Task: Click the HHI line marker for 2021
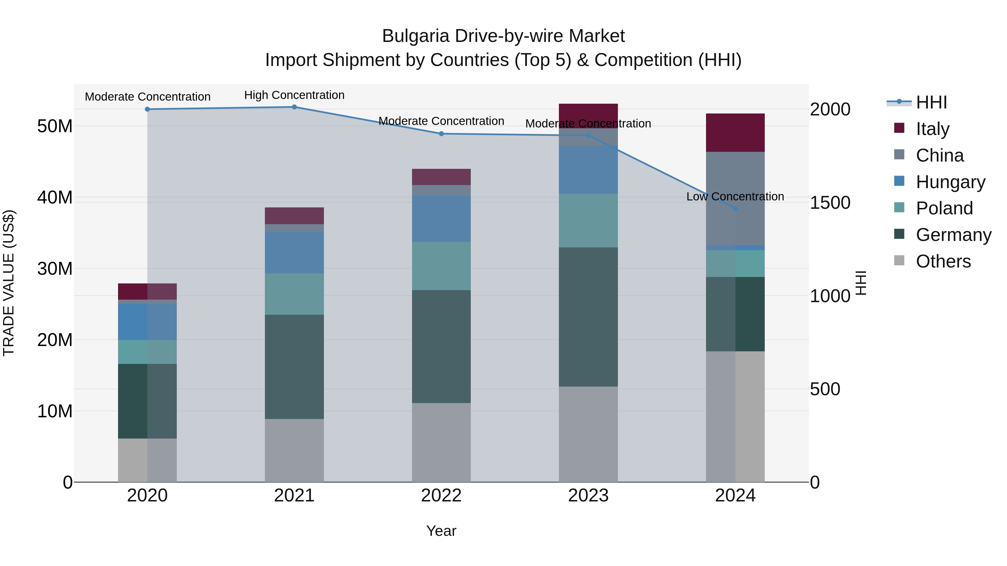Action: [294, 107]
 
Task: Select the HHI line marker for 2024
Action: [735, 209]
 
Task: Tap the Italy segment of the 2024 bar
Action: [735, 133]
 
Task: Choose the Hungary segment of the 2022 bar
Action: [441, 219]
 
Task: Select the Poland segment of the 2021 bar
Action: [294, 294]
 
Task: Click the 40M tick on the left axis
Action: [55, 198]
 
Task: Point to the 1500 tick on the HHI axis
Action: [830, 203]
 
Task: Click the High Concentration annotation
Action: [294, 95]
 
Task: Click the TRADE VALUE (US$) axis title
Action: [9, 283]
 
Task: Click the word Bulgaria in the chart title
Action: [415, 36]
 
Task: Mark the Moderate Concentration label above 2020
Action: [147, 97]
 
